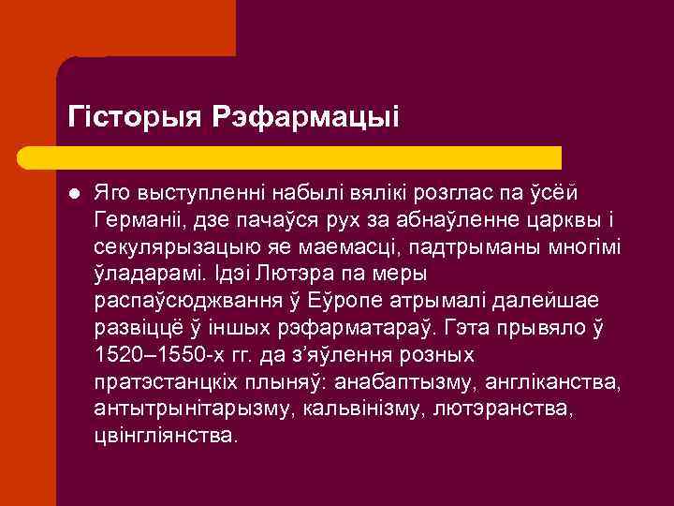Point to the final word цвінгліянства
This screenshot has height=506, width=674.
point(165,438)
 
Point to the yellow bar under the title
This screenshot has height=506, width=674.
point(309,156)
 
